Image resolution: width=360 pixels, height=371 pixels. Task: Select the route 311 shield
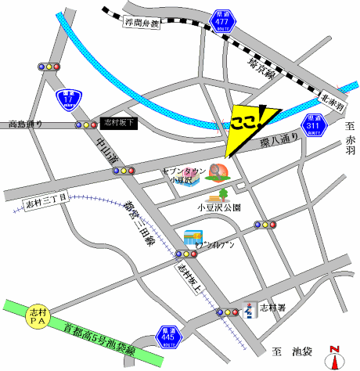pos(313,124)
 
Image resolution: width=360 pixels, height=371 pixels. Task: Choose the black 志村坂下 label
pos(120,123)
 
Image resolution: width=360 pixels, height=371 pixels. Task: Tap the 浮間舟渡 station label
pos(142,25)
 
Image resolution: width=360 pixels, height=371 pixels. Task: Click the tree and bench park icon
pos(218,192)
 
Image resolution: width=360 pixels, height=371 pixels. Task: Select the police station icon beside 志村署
pos(250,310)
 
